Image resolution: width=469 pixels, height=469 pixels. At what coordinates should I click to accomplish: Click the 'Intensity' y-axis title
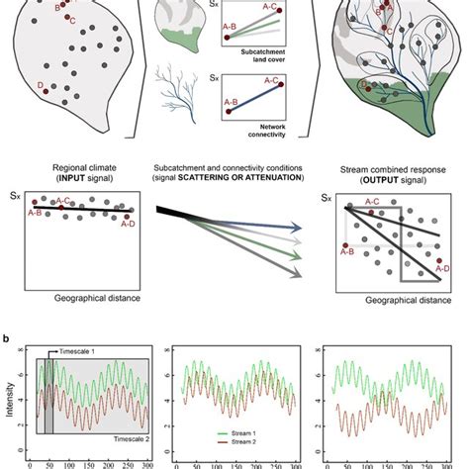(9, 400)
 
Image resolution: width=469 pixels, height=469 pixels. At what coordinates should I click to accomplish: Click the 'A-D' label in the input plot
(128, 224)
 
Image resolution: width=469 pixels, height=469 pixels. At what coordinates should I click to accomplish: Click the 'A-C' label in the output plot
(375, 202)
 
